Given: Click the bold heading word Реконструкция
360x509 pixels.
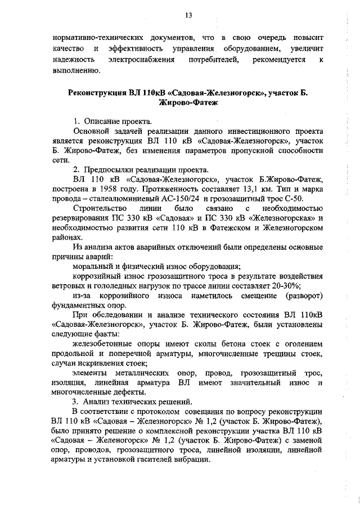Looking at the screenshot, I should [101, 92].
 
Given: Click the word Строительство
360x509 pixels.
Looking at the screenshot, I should [98, 209].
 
